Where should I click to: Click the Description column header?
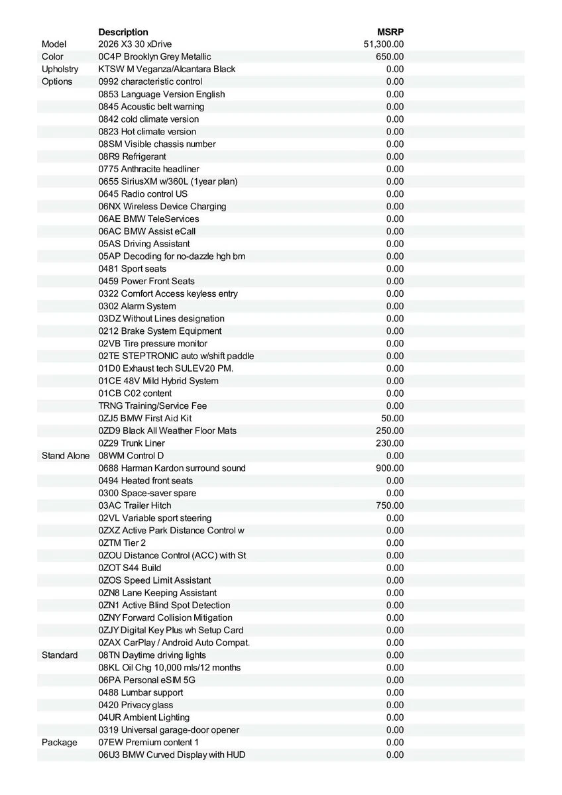point(123,32)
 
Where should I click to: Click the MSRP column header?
point(390,32)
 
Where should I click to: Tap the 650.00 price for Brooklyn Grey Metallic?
point(390,57)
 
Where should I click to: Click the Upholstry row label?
point(60,69)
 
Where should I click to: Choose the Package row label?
point(60,743)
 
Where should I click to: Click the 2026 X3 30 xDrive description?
point(135,44)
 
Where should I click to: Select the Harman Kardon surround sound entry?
point(172,468)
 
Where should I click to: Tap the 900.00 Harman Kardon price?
point(390,468)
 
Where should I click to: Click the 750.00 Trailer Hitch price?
point(390,505)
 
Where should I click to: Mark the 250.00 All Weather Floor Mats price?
point(390,431)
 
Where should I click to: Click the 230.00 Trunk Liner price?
point(390,443)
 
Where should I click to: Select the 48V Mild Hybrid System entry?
point(158,381)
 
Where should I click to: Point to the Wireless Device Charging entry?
point(162,206)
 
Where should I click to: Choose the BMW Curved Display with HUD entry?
point(172,755)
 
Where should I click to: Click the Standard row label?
point(60,655)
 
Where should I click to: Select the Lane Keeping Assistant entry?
point(157,593)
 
